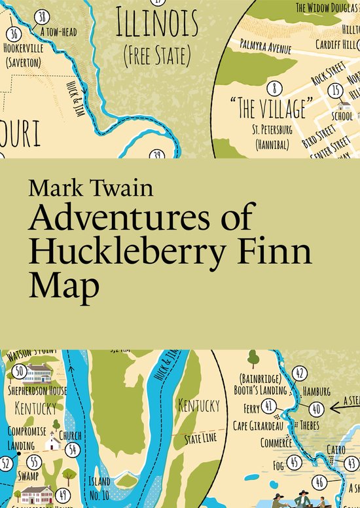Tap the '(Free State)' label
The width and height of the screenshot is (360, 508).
(156, 54)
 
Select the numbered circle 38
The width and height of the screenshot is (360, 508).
(43, 16)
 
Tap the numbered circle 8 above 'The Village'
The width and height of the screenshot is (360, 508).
(276, 87)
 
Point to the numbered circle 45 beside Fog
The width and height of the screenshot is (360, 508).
(294, 463)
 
